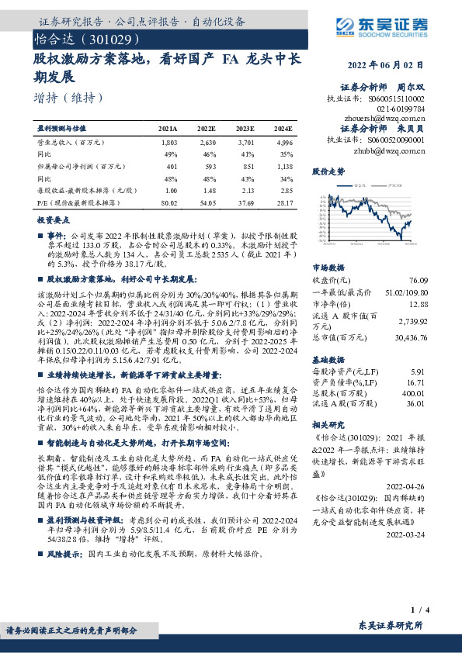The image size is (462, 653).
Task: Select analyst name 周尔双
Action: click(x=412, y=88)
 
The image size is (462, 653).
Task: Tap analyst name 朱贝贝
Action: click(x=412, y=130)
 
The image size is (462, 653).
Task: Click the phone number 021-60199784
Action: click(x=406, y=109)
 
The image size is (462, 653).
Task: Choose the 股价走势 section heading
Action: click(x=325, y=171)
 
